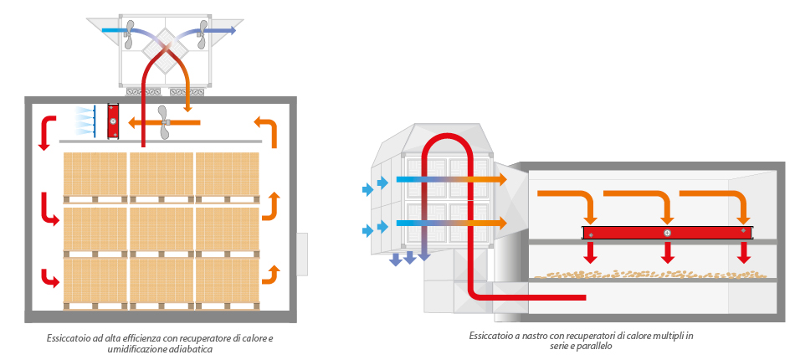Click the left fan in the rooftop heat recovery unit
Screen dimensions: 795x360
pos(129,34)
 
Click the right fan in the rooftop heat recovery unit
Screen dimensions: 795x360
pos(204,34)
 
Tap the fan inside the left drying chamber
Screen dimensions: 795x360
pos(164,122)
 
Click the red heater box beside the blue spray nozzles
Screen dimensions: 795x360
pos(114,121)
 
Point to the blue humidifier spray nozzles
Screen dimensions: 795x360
pos(85,121)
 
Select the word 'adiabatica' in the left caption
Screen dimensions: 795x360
pos(196,350)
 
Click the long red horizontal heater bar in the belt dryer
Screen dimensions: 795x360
pos(667,233)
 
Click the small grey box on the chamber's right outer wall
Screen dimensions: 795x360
pos(302,254)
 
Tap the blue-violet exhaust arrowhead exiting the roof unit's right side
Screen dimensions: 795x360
pos(232,30)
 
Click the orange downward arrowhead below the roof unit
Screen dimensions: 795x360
pos(187,108)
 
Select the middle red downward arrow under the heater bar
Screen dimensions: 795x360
pos(668,253)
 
